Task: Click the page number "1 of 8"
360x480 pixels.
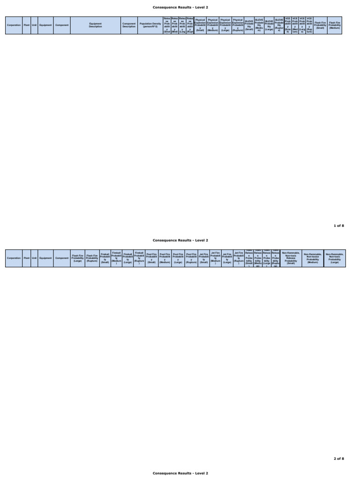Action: click(x=339, y=225)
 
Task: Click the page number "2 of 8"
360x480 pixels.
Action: click(x=339, y=458)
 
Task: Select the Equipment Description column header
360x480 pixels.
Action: click(x=95, y=25)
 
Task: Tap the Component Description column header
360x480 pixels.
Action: click(x=129, y=25)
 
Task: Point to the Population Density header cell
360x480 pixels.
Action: click(x=150, y=25)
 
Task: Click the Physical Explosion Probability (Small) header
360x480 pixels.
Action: click(x=200, y=25)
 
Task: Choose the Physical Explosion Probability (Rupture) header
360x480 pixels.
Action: click(x=238, y=25)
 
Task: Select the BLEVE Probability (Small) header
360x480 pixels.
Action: click(x=249, y=25)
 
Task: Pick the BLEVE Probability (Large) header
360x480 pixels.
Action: click(x=269, y=25)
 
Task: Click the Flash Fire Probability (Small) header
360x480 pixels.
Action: click(x=320, y=25)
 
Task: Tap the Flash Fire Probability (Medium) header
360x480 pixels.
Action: click(x=335, y=25)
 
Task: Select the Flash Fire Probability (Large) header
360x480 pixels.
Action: click(x=77, y=258)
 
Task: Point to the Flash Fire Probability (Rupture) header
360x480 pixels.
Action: click(x=92, y=258)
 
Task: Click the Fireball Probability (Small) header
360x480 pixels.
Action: click(x=105, y=258)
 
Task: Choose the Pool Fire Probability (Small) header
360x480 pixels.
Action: click(x=151, y=258)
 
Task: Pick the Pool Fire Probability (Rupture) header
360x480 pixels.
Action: click(x=191, y=258)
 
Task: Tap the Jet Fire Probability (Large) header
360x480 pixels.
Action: click(x=227, y=258)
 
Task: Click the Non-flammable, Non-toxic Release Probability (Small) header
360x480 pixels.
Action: click(x=291, y=258)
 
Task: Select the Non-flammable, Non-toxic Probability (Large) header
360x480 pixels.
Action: click(x=335, y=258)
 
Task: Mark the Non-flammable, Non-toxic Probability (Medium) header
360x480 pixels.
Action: click(x=313, y=258)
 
